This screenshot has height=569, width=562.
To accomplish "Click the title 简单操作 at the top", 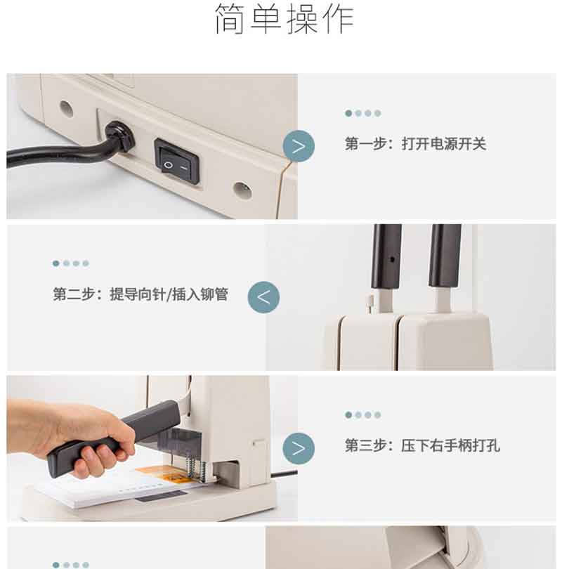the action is tap(284, 19).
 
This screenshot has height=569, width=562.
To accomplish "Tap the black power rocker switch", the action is tap(177, 161).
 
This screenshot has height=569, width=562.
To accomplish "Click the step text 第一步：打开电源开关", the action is tap(415, 144).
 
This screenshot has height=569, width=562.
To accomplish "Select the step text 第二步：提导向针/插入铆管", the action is tap(140, 294).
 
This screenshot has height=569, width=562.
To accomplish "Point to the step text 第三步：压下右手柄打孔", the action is tap(422, 445).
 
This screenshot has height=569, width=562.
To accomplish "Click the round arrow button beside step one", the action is tap(299, 146).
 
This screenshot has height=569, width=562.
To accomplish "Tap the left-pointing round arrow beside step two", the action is tap(263, 297).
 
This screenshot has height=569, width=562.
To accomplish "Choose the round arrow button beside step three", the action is tap(299, 448).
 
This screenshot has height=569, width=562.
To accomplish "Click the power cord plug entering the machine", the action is tap(119, 138).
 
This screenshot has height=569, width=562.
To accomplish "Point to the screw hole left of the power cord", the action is tap(66, 108).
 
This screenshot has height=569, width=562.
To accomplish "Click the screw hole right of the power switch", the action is tap(242, 190).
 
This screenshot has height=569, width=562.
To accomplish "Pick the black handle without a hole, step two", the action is tap(445, 256).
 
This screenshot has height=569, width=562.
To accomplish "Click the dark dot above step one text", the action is tap(348, 113).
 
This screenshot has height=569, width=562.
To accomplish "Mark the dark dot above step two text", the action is tap(56, 263).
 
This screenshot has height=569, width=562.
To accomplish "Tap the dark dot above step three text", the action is tap(348, 414).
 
